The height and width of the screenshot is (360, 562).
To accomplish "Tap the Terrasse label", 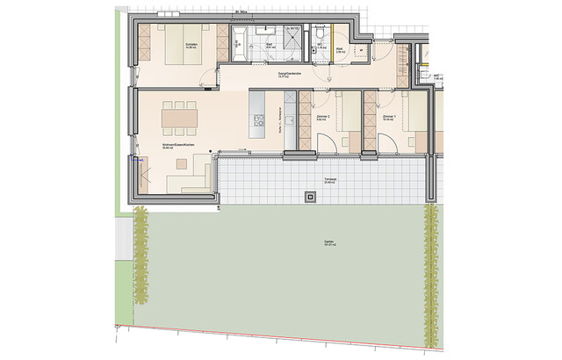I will (329, 178).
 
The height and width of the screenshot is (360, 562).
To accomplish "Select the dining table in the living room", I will (179, 114).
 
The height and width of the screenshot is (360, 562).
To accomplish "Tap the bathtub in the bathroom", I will (239, 40).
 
